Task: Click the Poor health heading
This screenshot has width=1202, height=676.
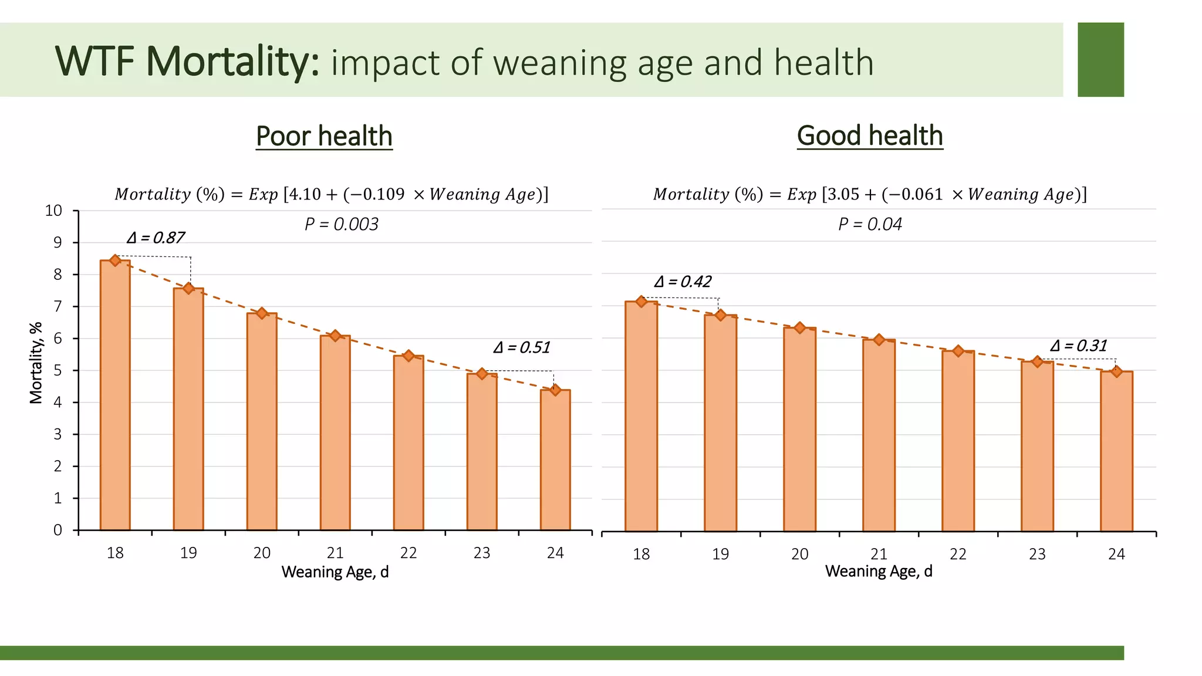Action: pos(324,136)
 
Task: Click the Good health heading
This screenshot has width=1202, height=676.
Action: pos(870,136)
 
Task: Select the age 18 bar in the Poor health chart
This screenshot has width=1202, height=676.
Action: pos(115,399)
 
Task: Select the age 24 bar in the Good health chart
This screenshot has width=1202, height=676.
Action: pos(1116,452)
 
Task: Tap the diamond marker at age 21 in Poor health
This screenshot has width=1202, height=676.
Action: pos(335,336)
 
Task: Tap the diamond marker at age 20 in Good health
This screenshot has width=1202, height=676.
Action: pos(799,327)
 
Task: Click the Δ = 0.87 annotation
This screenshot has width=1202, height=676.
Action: pos(156,238)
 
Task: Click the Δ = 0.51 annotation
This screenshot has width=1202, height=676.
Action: pos(521,347)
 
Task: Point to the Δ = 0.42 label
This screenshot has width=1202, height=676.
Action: pos(683,282)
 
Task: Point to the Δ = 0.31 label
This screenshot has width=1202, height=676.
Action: pos(1078,346)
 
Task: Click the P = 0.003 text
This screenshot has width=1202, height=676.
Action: pos(341,224)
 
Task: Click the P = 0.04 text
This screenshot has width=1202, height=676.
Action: pos(870,224)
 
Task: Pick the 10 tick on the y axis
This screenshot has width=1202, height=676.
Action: pos(54,211)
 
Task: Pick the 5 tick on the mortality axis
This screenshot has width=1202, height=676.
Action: pos(58,370)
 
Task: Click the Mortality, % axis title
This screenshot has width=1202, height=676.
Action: pos(36,363)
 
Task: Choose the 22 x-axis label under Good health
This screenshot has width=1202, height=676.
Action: pos(958,554)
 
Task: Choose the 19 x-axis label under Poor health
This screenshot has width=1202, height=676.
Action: pos(188,553)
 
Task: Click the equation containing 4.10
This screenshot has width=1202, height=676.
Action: pos(331,194)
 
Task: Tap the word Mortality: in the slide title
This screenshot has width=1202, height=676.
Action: pos(232,61)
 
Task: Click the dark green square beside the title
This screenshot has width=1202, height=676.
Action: pos(1100,59)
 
